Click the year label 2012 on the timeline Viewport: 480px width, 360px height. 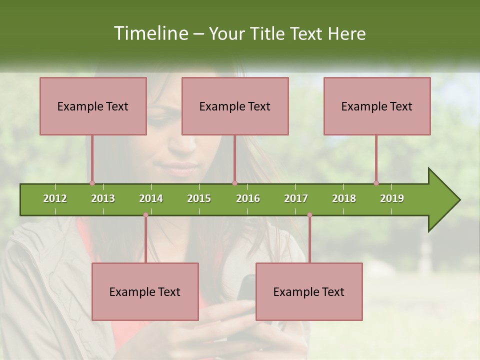pyautogui.click(x=55, y=198)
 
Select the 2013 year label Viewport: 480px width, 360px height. pyautogui.click(x=103, y=198)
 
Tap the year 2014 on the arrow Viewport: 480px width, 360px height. pyautogui.click(x=151, y=198)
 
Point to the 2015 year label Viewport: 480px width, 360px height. pyautogui.click(x=199, y=198)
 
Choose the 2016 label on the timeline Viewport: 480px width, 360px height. pyautogui.click(x=248, y=198)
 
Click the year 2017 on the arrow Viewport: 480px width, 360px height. pyautogui.click(x=296, y=198)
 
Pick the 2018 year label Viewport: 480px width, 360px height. pyautogui.click(x=344, y=198)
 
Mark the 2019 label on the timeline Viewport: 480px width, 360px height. pyautogui.click(x=392, y=198)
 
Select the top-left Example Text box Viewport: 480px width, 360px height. pyautogui.click(x=93, y=106)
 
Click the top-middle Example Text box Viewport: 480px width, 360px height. pyautogui.click(x=235, y=106)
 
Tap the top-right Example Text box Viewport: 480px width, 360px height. pyautogui.click(x=377, y=106)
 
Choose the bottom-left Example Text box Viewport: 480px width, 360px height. pyautogui.click(x=145, y=291)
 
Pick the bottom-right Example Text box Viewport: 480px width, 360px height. pyautogui.click(x=309, y=291)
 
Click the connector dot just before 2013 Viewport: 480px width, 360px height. pyautogui.click(x=92, y=183)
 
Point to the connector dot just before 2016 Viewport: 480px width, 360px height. pyautogui.click(x=234, y=183)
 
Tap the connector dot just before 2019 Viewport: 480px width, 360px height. pyautogui.click(x=376, y=183)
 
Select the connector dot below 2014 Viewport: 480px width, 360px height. pyautogui.click(x=145, y=215)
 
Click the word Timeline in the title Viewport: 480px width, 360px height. pyautogui.click(x=150, y=33)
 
